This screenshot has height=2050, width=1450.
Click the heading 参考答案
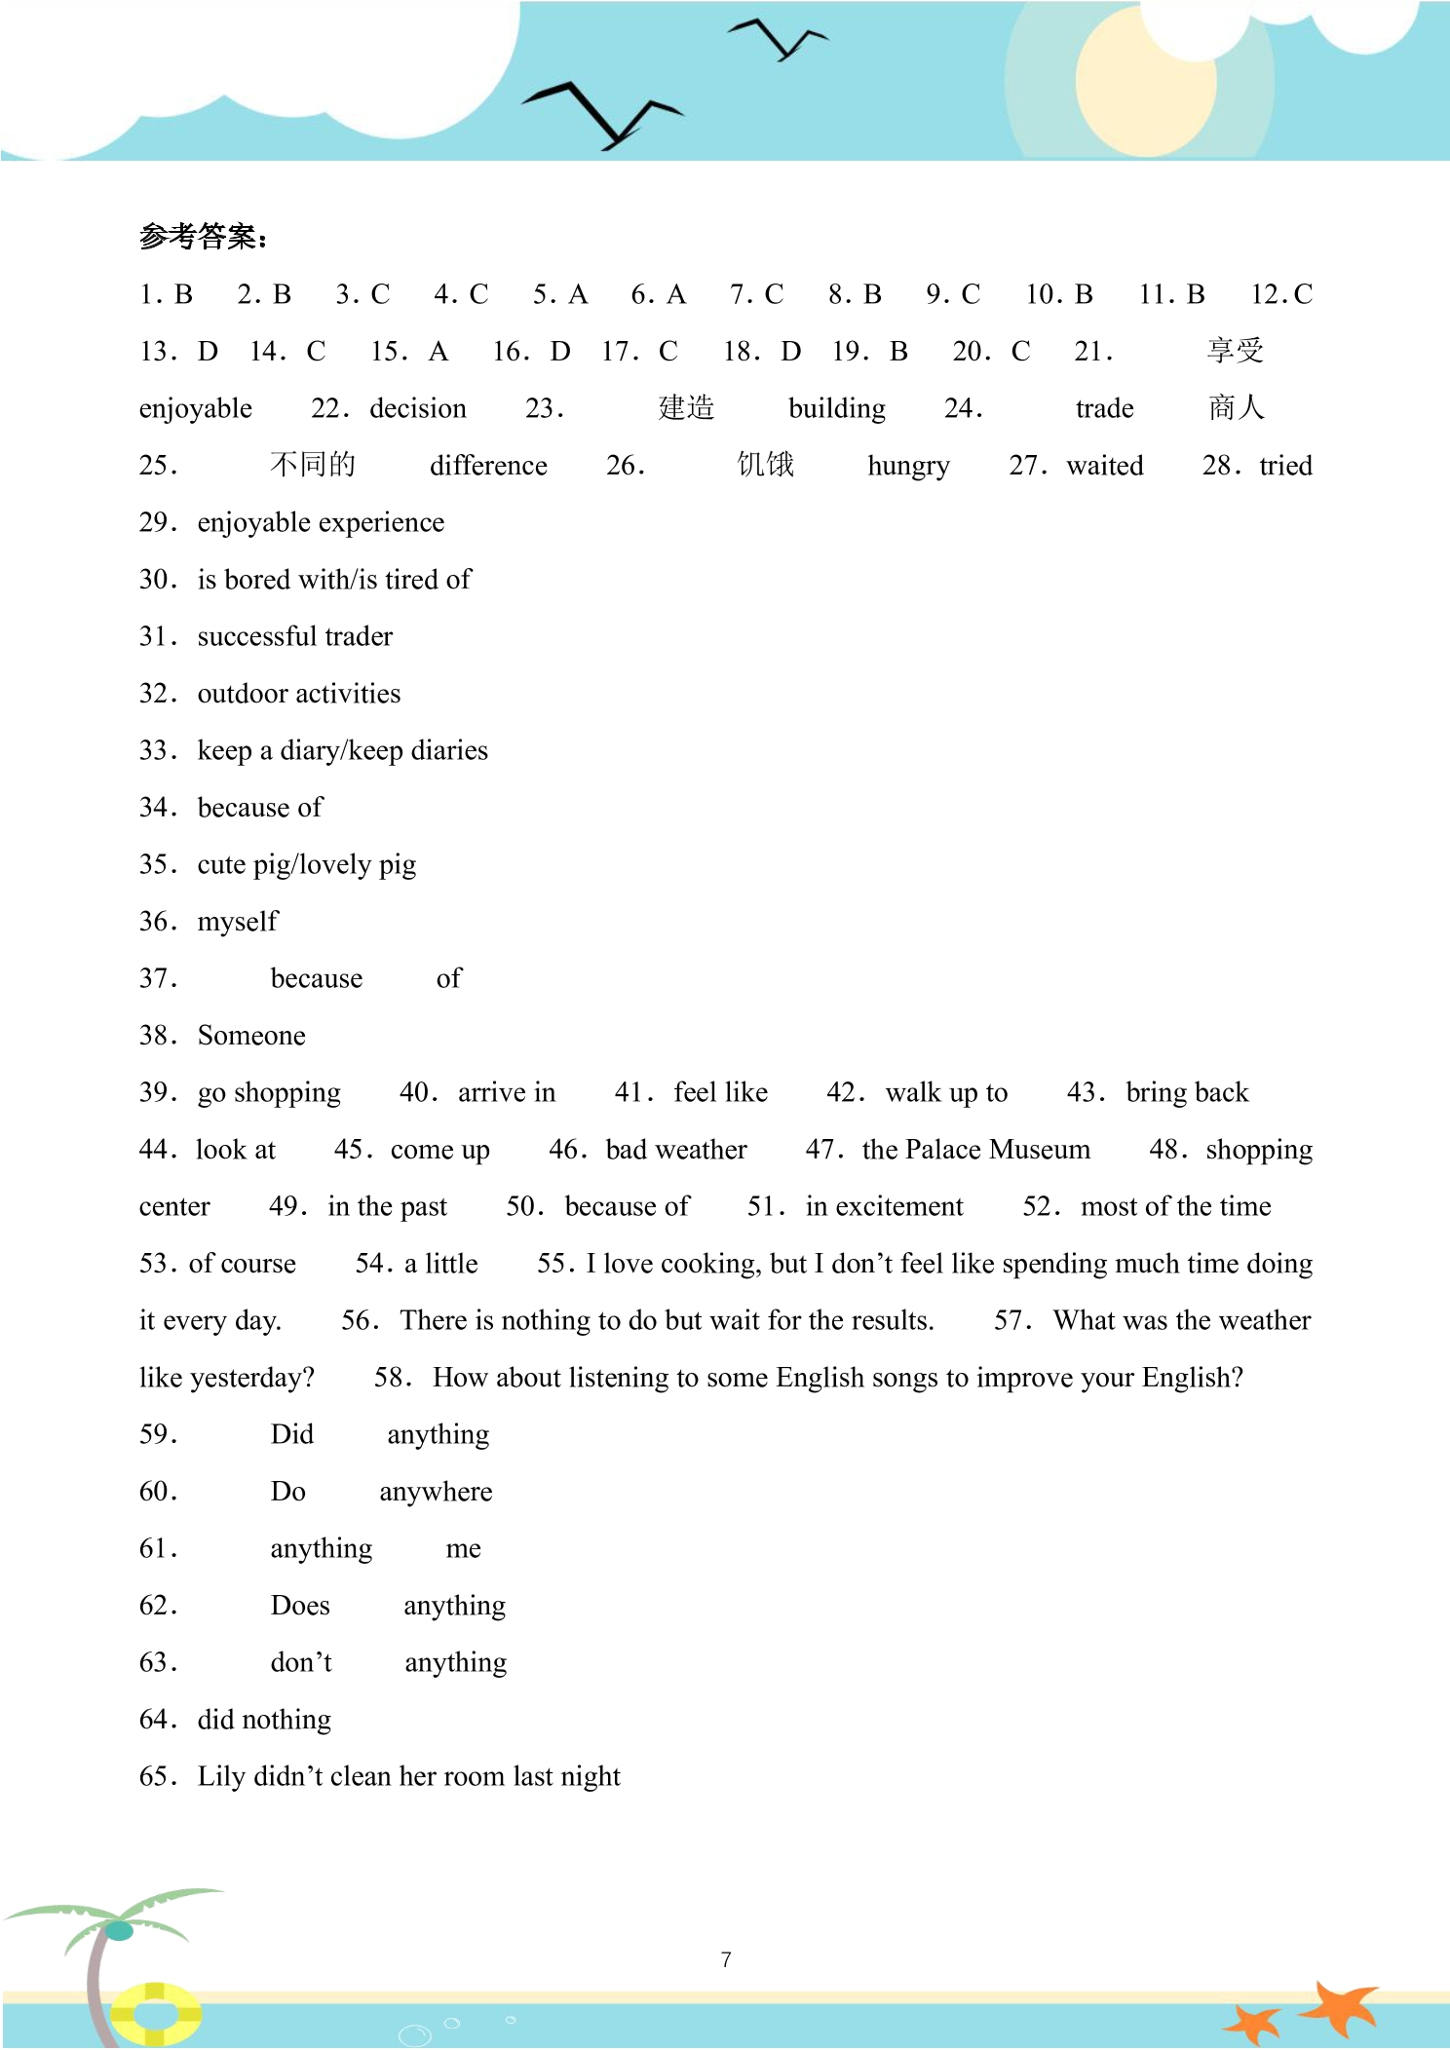coord(202,237)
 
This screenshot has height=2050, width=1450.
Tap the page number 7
coord(726,1959)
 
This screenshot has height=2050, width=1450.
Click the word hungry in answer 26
coord(908,466)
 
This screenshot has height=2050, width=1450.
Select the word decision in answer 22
coord(418,408)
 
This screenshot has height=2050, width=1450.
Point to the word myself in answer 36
coord(238,922)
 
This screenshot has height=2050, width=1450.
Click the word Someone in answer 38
coord(251,1036)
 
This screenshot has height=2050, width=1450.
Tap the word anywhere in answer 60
coord(436,1492)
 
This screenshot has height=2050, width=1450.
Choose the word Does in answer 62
coord(300,1606)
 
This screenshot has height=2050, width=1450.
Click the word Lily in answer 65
coord(221,1776)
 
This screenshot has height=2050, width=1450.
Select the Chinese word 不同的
coord(313,465)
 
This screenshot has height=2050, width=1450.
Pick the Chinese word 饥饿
coord(765,465)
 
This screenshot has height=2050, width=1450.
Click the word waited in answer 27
coord(1105,466)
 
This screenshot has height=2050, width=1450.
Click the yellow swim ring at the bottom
coord(155,2012)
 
